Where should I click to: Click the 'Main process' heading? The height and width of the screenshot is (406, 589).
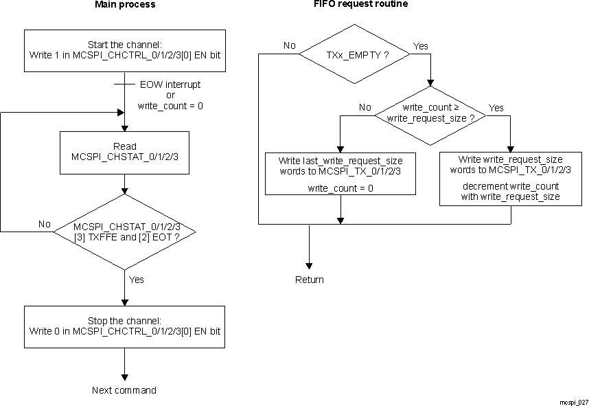pos(124,5)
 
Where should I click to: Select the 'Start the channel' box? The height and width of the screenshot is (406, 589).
pos(124,49)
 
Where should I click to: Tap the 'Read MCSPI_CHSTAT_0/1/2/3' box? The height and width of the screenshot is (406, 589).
pos(124,151)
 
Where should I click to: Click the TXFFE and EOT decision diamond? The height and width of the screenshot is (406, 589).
pos(124,232)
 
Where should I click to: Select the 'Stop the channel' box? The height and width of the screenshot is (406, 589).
pos(124,326)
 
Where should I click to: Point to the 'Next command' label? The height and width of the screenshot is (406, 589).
pos(124,390)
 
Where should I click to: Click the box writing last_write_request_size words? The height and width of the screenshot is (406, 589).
pos(340,173)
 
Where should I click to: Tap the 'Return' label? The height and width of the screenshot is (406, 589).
pos(309,280)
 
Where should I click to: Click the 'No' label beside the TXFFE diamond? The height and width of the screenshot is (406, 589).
pos(45,224)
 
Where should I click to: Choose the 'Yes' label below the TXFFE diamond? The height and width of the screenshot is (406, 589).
pos(137,280)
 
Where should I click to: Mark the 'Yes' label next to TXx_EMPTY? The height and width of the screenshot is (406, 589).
pos(421,46)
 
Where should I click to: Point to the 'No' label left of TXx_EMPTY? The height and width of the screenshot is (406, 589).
pos(289,46)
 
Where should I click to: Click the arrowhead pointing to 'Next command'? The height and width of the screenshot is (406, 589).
pos(124,376)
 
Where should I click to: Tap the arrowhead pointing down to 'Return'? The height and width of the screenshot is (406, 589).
pos(309,265)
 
